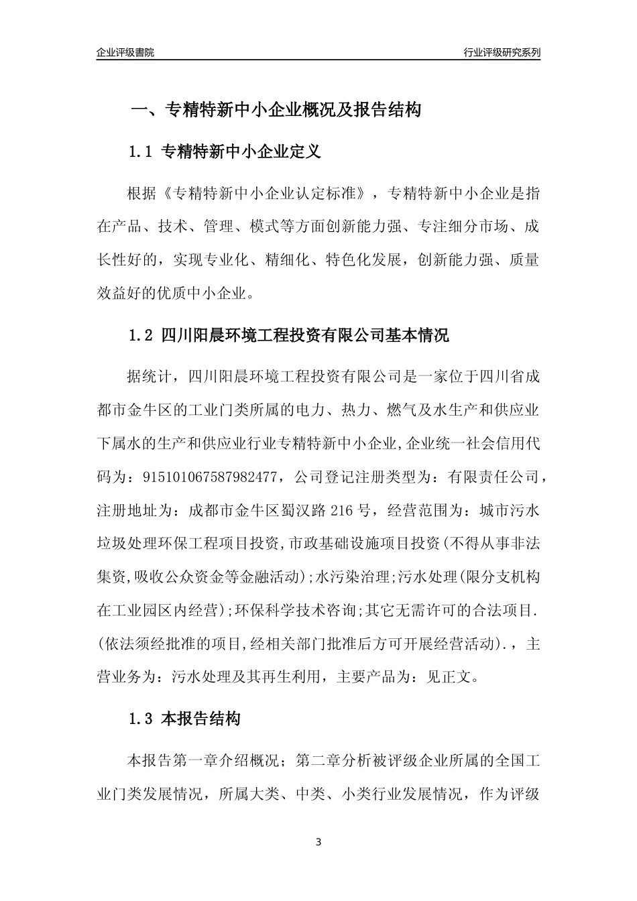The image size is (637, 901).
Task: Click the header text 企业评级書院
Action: click(125, 52)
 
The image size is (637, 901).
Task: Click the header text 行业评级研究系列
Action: click(502, 52)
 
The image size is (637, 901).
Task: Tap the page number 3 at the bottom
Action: click(318, 841)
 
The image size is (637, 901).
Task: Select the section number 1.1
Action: click(141, 152)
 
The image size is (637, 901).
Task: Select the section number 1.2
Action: click(141, 335)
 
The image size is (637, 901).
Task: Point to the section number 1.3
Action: click(141, 720)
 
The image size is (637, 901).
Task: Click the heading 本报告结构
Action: click(201, 720)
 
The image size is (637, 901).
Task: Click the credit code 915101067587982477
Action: click(210, 477)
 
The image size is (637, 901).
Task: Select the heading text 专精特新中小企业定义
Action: click(241, 152)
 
